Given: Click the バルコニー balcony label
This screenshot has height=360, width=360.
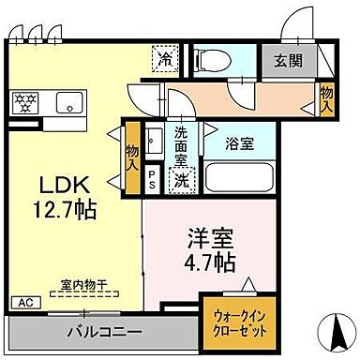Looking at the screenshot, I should [103, 333].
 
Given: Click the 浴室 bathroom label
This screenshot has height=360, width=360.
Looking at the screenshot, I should [239, 143].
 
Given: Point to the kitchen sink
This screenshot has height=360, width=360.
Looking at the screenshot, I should [69, 100].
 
